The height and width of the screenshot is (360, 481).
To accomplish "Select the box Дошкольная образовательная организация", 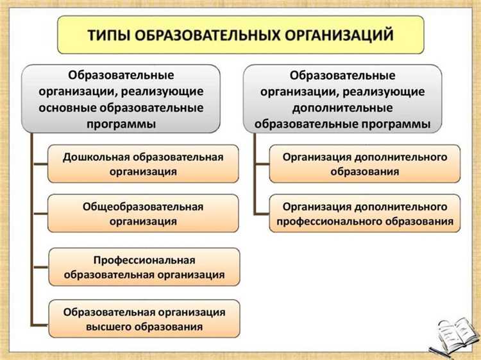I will coord(143,164).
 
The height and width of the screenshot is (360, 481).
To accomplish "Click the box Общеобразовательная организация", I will coord(143,214).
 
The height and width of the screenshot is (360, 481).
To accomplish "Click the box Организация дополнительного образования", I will coord(364,164).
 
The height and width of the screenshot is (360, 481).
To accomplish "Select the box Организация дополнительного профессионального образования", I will coord(364,214).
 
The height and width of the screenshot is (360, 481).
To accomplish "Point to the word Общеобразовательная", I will coord(143,207).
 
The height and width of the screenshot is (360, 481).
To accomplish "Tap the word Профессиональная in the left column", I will coord(144,260).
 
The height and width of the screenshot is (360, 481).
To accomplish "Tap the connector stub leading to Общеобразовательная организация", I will coord(40,214).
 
